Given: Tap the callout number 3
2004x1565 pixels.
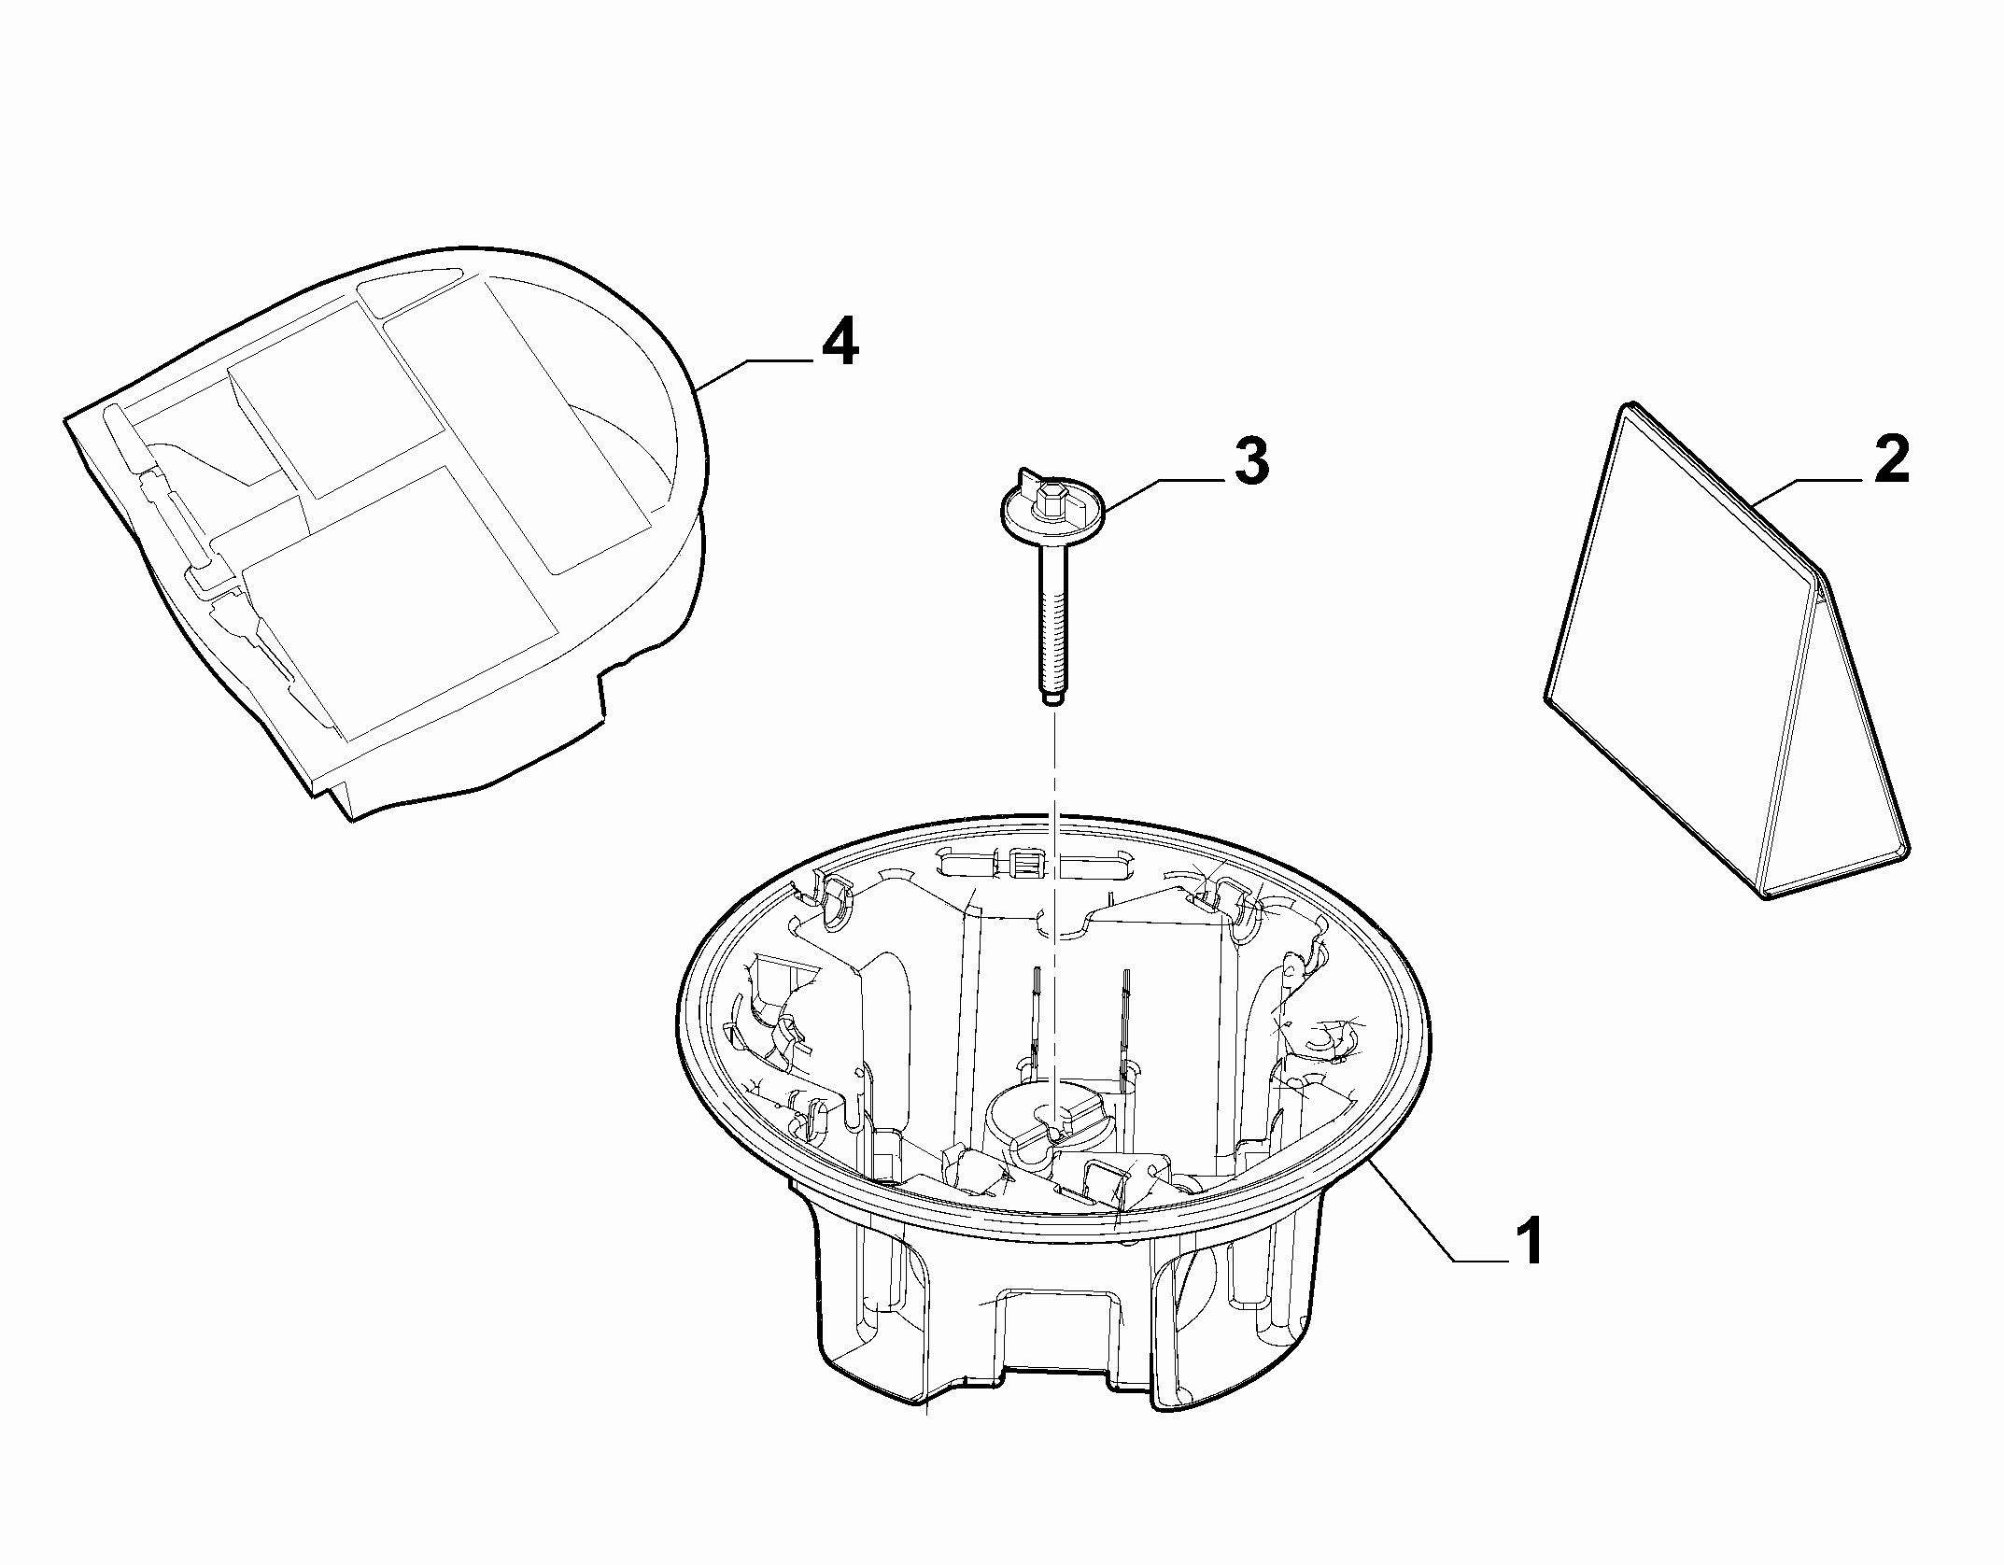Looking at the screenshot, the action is tap(1251, 462).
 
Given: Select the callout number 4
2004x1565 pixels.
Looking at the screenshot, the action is tap(840, 343).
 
